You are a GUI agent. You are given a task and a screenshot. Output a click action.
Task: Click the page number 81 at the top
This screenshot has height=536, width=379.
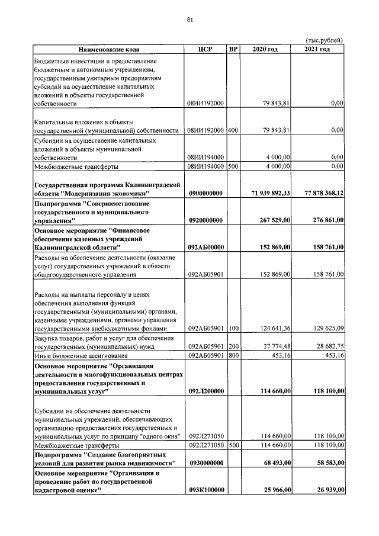point(190,20)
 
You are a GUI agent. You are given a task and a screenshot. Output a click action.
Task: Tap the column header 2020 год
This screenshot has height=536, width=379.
point(265,49)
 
